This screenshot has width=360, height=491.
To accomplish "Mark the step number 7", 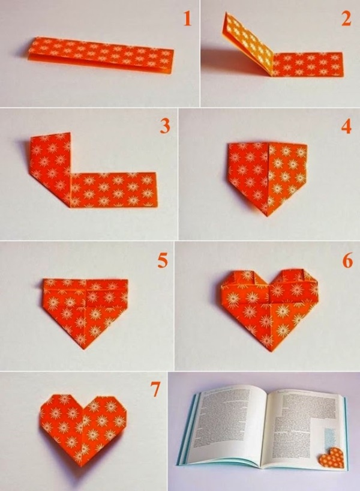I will [155, 390].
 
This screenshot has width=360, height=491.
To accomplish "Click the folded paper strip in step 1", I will [101, 55].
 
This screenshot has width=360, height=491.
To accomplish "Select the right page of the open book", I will [303, 420].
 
